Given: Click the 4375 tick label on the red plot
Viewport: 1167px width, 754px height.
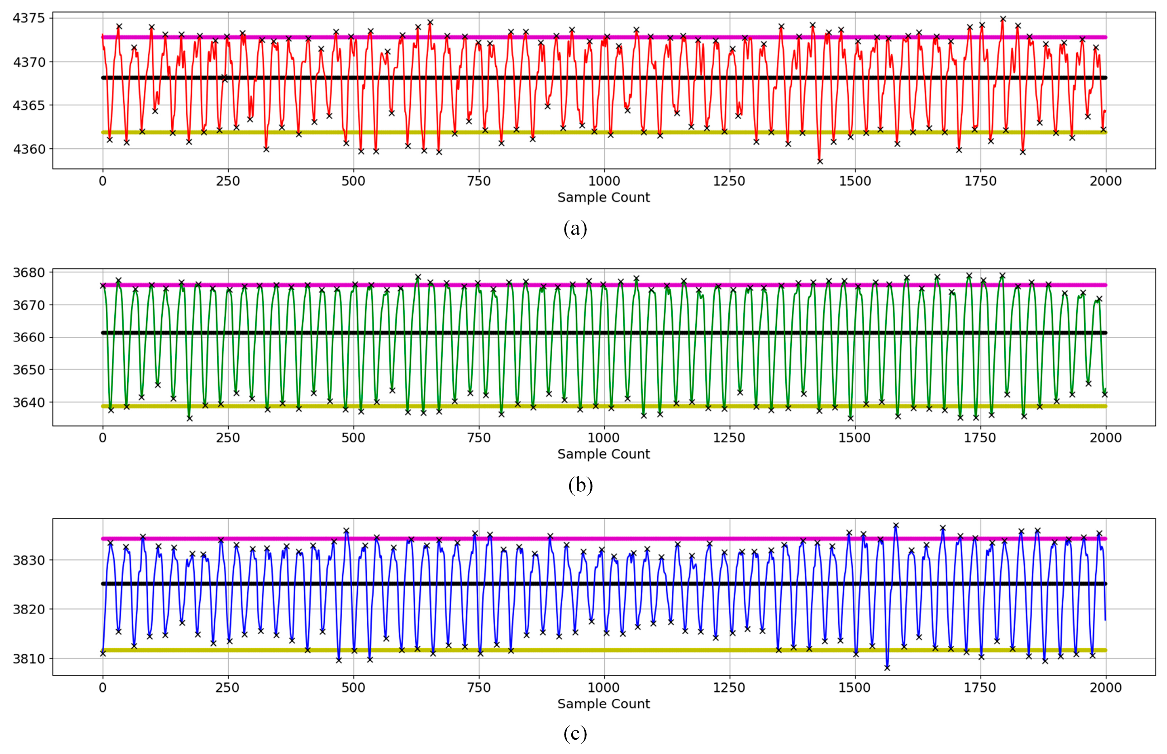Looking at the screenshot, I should (x=28, y=18).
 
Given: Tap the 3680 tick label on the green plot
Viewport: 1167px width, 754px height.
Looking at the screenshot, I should (x=28, y=273).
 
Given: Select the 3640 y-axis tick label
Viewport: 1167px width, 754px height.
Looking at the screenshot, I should (x=28, y=402).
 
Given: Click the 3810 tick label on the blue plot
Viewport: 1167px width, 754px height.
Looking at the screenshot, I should (x=28, y=659).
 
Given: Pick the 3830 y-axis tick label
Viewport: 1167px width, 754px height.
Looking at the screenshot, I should (x=28, y=560).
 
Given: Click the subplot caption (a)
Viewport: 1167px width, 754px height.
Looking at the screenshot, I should (x=575, y=229).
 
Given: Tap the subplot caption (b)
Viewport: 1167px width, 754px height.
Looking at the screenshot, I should (x=580, y=485).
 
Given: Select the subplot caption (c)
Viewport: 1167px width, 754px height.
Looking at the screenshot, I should (x=575, y=734).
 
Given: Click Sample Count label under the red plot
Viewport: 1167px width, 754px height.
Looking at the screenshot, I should (x=603, y=197).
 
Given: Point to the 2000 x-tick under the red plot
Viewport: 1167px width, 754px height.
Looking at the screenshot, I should (x=1105, y=181).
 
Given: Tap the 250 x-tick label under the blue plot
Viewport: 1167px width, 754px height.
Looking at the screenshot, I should (x=228, y=688).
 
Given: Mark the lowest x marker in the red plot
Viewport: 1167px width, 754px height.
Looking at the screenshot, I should (x=820, y=161).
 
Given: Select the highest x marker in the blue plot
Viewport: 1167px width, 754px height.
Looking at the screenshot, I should (x=896, y=526).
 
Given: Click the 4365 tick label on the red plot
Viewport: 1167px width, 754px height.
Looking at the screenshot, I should (x=28, y=105).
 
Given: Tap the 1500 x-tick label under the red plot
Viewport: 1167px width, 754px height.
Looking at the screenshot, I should (x=854, y=181).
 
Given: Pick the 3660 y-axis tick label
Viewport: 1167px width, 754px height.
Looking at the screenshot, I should (x=28, y=337).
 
